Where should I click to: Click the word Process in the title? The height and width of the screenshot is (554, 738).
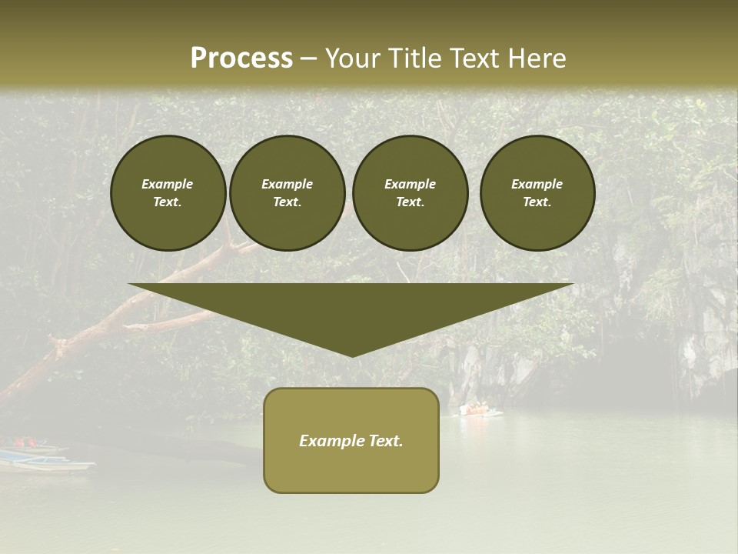(241, 58)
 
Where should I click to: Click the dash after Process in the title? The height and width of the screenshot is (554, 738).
(308, 59)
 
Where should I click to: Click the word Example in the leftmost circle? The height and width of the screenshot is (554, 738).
(168, 184)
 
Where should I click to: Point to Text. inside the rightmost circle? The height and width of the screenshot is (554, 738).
(537, 202)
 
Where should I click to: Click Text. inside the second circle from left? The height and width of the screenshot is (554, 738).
(288, 202)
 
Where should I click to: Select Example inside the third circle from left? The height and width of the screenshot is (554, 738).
(410, 184)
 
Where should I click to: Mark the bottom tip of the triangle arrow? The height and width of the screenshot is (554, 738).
(351, 355)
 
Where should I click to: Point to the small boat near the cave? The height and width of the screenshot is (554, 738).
(480, 410)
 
